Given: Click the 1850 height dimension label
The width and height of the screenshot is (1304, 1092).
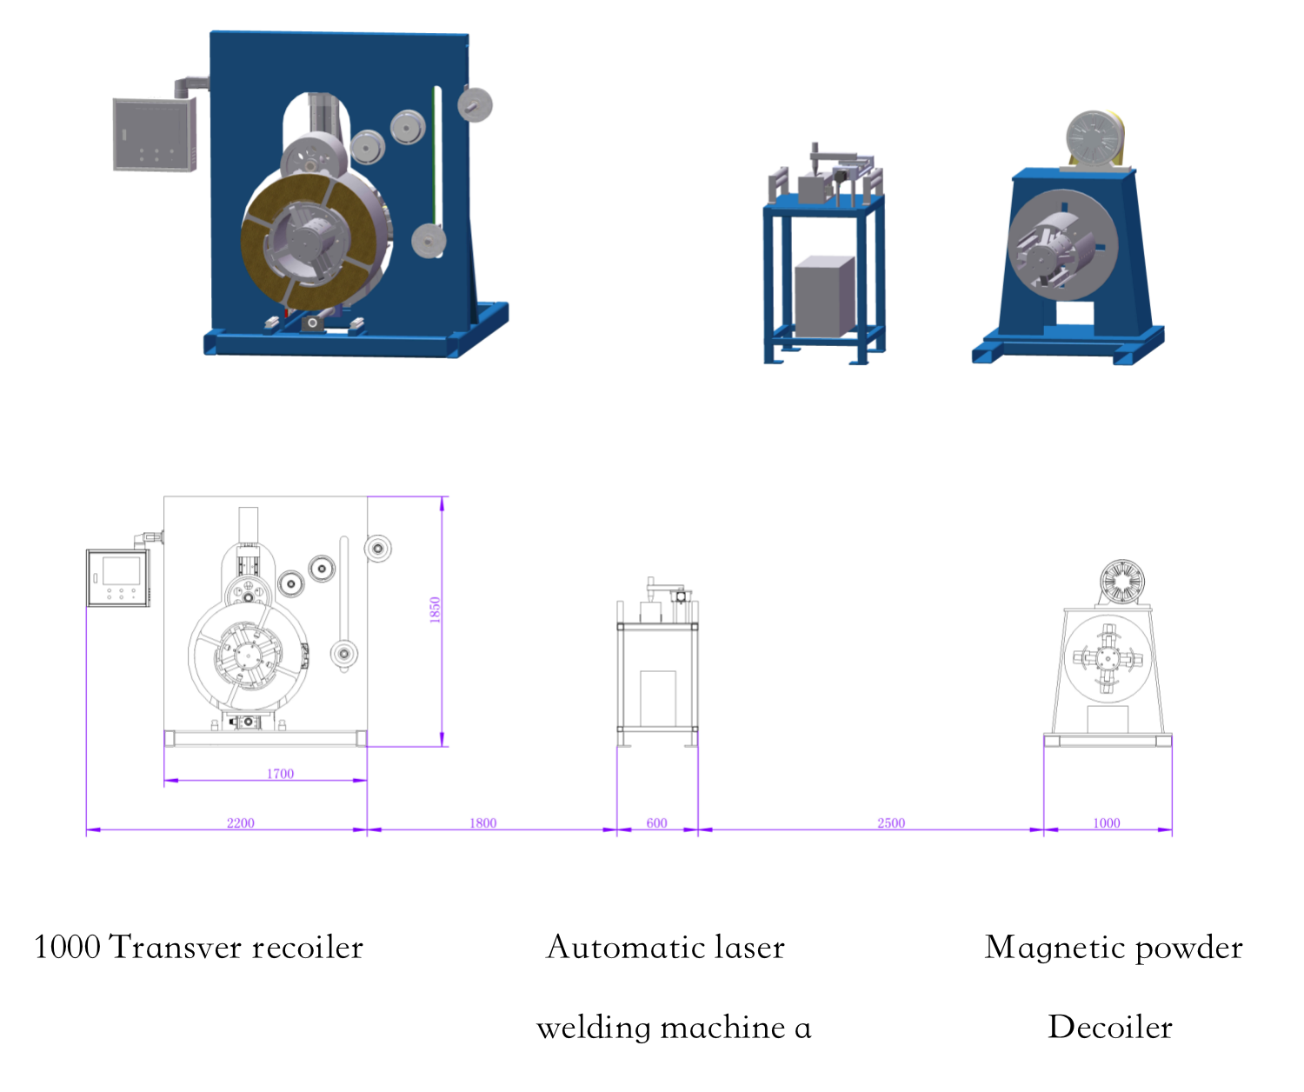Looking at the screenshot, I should (436, 609).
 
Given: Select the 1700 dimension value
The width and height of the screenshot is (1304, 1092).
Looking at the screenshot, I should (280, 774).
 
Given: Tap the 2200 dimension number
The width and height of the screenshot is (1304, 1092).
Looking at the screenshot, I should (241, 823).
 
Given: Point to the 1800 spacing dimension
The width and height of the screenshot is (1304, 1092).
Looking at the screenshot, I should (483, 823).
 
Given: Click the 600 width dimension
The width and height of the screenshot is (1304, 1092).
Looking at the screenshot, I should (657, 823).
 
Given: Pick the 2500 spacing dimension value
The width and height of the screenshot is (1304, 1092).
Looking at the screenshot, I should (891, 823).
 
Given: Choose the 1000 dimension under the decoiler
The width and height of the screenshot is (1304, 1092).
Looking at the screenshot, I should (1107, 823).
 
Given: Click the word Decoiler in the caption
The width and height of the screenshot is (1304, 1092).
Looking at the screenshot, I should (1110, 1027).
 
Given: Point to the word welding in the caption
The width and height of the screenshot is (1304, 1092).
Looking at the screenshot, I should (594, 1028).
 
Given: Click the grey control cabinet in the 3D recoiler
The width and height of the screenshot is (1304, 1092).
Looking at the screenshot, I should (154, 135).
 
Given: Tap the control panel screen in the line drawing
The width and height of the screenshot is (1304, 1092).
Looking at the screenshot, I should (121, 571).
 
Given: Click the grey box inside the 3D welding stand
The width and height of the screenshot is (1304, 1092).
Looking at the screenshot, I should (824, 296).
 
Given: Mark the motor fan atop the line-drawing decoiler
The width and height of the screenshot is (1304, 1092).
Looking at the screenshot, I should (1121, 581).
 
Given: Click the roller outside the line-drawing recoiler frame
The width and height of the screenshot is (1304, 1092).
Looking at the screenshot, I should (378, 548).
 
